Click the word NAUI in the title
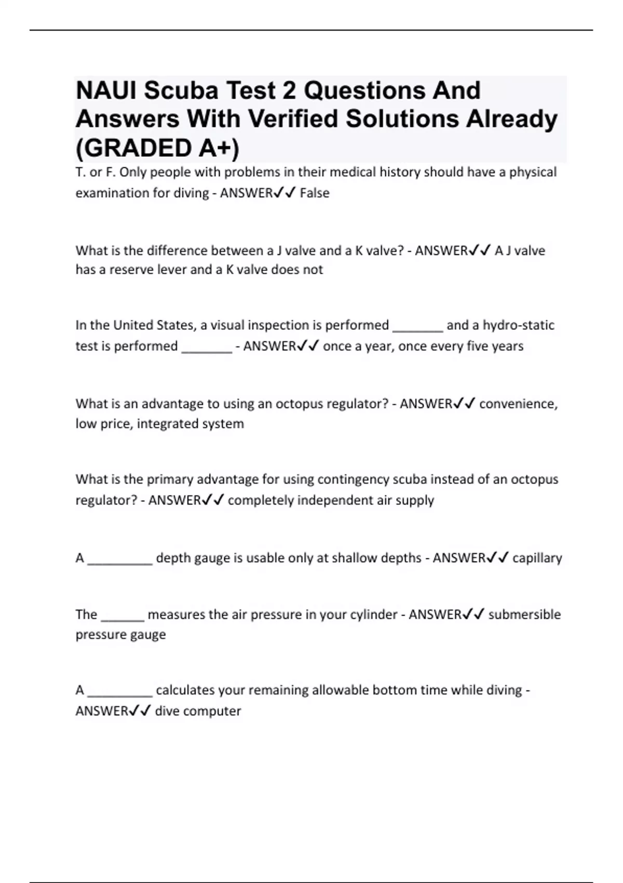coord(106,91)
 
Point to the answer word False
coord(315,193)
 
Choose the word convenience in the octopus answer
coord(518,404)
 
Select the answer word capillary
coord(537,558)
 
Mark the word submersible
coord(524,615)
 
